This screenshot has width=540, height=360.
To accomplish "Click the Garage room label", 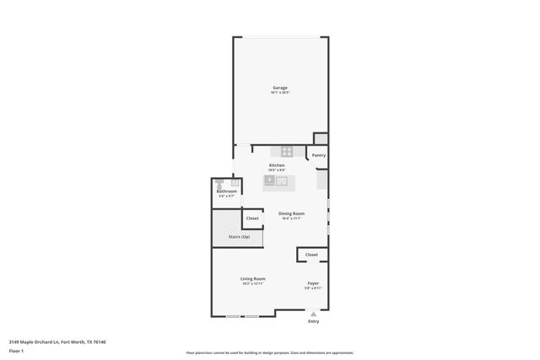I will (279, 88).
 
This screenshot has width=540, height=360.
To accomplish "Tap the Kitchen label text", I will (277, 165).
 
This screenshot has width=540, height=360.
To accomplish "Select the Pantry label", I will (318, 155).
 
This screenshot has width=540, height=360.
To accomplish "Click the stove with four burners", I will (288, 153).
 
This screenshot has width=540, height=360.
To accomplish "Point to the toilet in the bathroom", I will (219, 182).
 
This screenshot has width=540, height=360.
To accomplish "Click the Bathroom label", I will (226, 191).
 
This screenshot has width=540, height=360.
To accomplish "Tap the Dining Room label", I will (291, 213).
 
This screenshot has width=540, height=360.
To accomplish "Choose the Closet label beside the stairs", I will (252, 218).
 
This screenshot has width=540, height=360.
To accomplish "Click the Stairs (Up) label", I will (239, 237).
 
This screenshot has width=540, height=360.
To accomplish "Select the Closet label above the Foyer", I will (311, 254).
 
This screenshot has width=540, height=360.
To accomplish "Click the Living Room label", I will (253, 278).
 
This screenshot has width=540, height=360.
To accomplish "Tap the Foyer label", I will (313, 283).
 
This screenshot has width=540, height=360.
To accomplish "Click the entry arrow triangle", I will (314, 313).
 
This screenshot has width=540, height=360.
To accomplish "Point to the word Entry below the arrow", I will (314, 321).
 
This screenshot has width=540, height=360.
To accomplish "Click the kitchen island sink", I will (278, 180).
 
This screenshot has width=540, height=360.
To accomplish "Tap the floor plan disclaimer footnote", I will (269, 353).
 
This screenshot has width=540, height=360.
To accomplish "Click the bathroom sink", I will (235, 182).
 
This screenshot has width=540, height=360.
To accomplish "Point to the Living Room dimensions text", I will (253, 284).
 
